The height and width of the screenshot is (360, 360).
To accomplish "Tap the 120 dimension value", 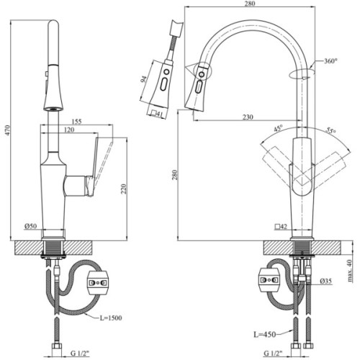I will point(70,131).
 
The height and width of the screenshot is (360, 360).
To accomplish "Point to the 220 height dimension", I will point(125,189).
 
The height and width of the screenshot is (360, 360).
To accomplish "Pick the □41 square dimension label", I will point(159,113).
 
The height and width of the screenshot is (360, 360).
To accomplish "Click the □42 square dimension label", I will point(283,228).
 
